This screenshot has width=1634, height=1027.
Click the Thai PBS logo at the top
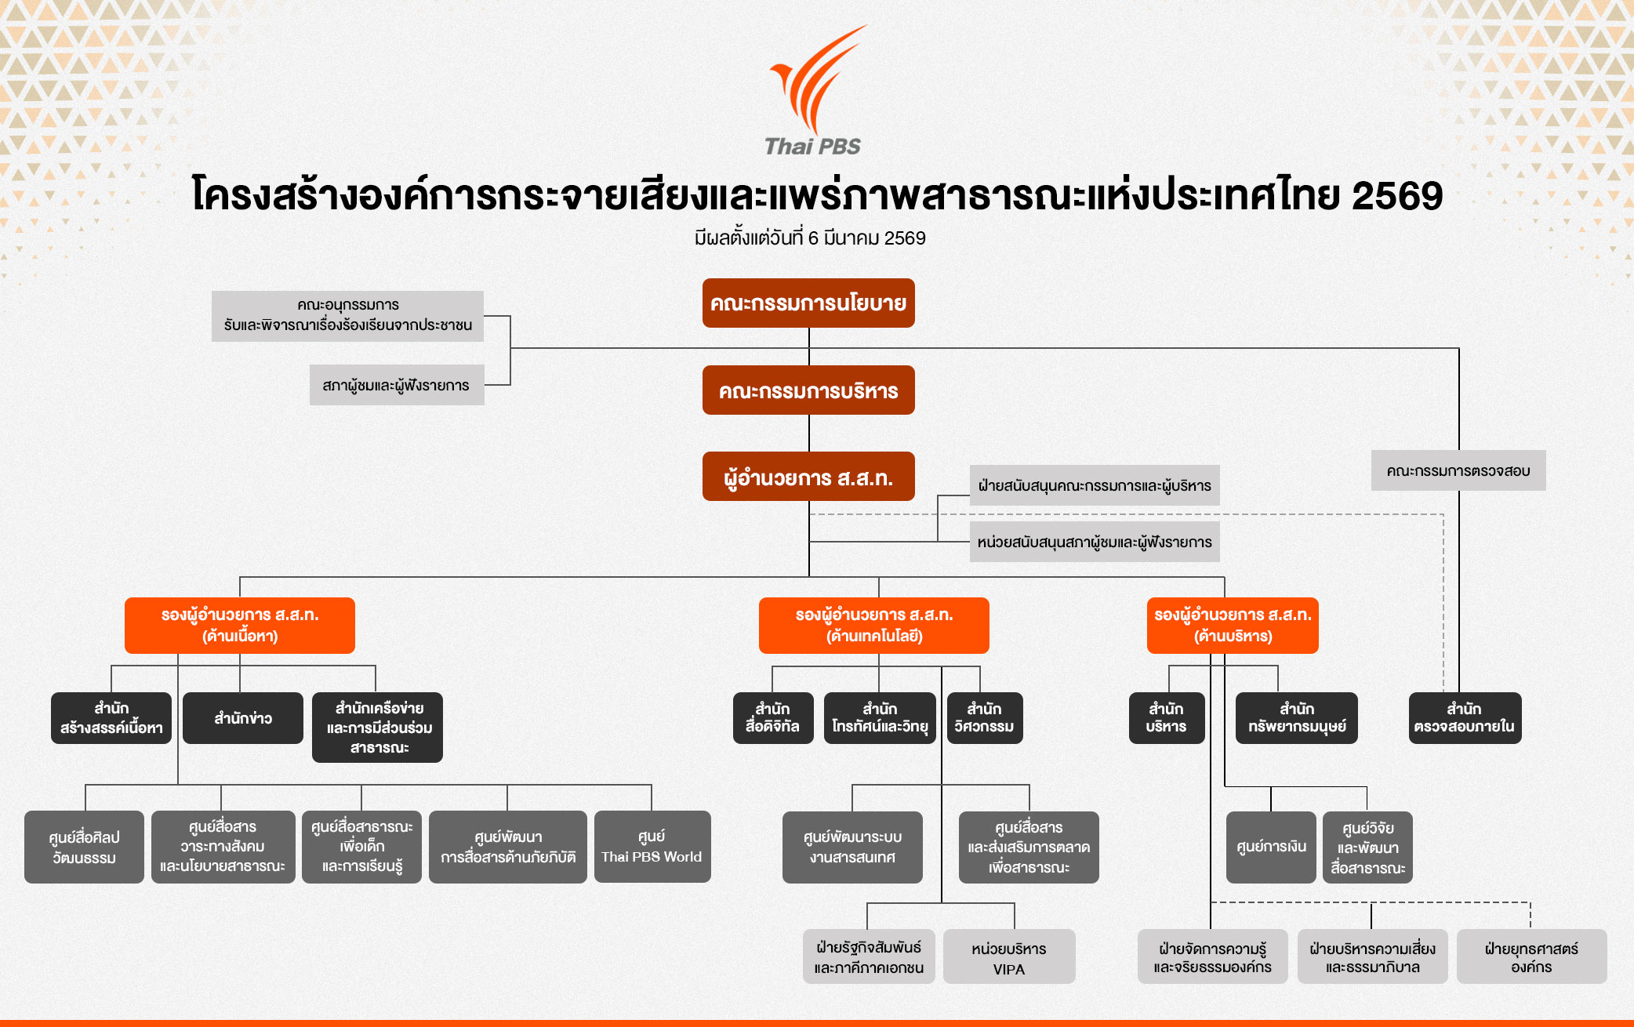point(814,90)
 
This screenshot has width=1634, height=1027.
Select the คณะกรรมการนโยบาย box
point(808,303)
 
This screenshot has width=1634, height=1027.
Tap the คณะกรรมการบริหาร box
point(808,390)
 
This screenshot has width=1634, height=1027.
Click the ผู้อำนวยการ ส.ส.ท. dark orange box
point(808,477)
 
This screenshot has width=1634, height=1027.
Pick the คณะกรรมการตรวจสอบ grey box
point(1458,470)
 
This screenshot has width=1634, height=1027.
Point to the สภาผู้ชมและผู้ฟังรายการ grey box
point(396,385)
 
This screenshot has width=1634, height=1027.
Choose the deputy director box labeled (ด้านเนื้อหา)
point(239,625)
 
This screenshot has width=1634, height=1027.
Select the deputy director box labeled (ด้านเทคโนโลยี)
point(873,625)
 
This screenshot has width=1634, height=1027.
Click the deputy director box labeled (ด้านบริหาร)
point(1232,625)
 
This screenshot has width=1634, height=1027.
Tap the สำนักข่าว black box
point(243,718)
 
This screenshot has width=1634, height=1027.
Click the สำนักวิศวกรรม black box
point(984,718)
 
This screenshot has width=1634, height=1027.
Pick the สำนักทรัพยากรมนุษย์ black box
point(1297,718)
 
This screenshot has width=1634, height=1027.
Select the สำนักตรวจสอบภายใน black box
point(1464,718)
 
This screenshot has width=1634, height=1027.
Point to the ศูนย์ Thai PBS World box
point(652,847)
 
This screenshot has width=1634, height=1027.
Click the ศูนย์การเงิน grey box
point(1271,847)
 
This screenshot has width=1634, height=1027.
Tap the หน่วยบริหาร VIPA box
point(1008,957)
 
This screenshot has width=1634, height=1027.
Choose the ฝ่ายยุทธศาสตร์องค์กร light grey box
point(1531,957)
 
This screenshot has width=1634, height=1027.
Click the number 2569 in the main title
point(1396,196)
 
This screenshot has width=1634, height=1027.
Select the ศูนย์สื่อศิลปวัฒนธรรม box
point(84,847)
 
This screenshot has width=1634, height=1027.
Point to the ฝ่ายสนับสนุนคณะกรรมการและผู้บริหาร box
point(1094,485)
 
